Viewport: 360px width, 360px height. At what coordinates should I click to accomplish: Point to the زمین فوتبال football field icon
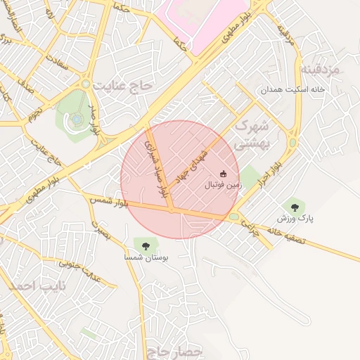point(224,174)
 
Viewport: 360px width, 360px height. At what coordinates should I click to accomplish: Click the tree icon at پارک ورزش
point(295,207)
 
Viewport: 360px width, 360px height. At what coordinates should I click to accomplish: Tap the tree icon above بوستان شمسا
point(146,245)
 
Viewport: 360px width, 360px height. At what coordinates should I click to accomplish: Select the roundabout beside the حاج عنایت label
point(86,84)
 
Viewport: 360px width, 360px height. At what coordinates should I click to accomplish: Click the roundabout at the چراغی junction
point(233,216)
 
